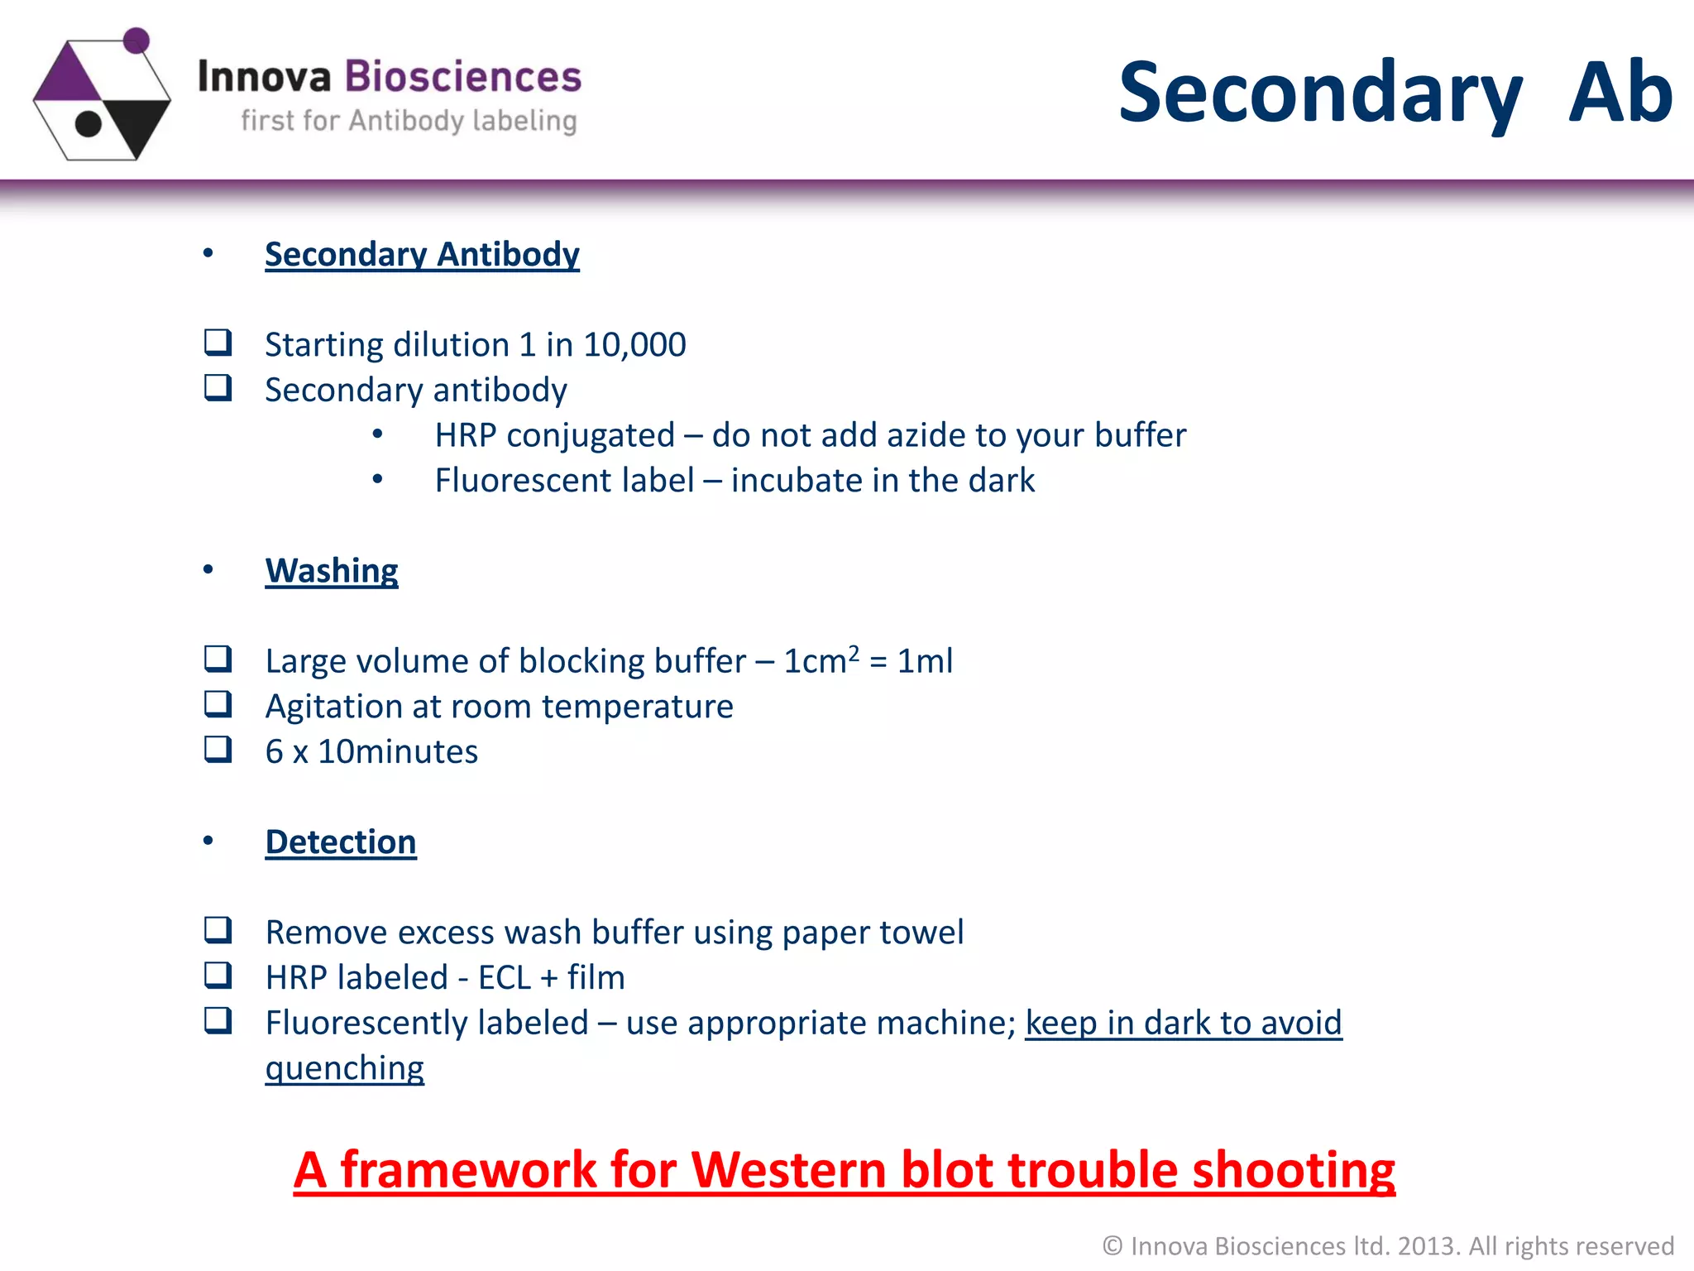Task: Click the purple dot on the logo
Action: [x=136, y=40]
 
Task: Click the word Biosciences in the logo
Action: [x=463, y=77]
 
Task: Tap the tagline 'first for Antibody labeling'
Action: [x=409, y=122]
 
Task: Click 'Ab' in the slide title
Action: [x=1620, y=93]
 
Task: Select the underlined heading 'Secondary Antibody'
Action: [x=422, y=254]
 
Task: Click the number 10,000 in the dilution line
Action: [x=634, y=345]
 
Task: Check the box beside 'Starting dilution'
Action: [x=218, y=342]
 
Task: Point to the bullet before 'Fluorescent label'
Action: [x=378, y=479]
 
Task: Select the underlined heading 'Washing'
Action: [x=332, y=571]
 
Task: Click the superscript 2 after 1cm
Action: [x=854, y=652]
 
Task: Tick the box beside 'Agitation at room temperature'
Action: [x=218, y=704]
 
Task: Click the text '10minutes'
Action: [x=398, y=752]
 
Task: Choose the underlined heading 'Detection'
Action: [x=341, y=842]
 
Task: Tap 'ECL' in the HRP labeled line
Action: [x=505, y=978]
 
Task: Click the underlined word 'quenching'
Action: [x=345, y=1069]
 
